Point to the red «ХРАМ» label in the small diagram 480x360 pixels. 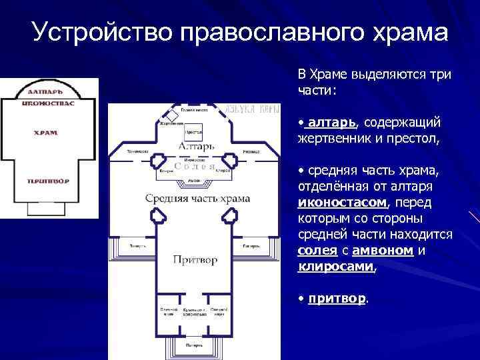(46, 133)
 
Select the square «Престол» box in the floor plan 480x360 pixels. (194, 132)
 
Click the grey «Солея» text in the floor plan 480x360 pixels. (194, 167)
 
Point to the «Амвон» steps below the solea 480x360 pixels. (195, 181)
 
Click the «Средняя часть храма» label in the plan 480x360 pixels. (198, 198)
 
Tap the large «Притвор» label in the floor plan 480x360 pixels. (195, 260)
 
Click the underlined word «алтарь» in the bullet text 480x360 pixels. (332, 123)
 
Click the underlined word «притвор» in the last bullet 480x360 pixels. (337, 299)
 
